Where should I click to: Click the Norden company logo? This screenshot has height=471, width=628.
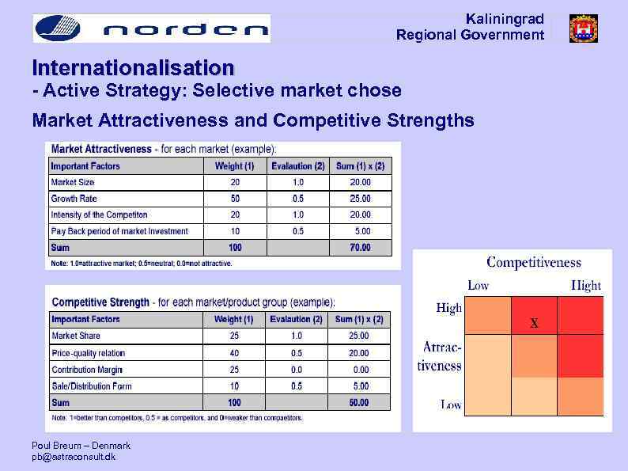click(150, 28)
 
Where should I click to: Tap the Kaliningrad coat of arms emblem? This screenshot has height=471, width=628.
click(583, 28)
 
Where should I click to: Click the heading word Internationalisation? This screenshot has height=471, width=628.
click(133, 67)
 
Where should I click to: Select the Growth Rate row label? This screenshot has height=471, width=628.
click(74, 199)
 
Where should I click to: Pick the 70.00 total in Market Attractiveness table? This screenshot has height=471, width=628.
click(360, 248)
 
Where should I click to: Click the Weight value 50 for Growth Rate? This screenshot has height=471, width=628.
click(235, 199)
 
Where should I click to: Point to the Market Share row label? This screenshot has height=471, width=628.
click(76, 336)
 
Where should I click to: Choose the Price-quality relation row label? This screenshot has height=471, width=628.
click(88, 353)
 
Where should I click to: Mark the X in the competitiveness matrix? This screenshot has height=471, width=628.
click(534, 323)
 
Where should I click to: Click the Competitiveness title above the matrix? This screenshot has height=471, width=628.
click(533, 263)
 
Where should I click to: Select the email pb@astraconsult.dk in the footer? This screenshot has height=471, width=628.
click(74, 458)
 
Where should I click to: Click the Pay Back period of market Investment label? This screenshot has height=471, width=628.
click(119, 231)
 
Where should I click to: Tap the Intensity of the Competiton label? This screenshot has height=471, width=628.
click(99, 215)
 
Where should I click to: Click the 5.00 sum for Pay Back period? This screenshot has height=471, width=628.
click(361, 231)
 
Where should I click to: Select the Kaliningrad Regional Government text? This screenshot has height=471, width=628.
click(470, 27)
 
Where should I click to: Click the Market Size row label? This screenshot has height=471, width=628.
click(74, 182)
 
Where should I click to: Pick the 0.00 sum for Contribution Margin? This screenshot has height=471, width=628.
click(360, 370)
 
